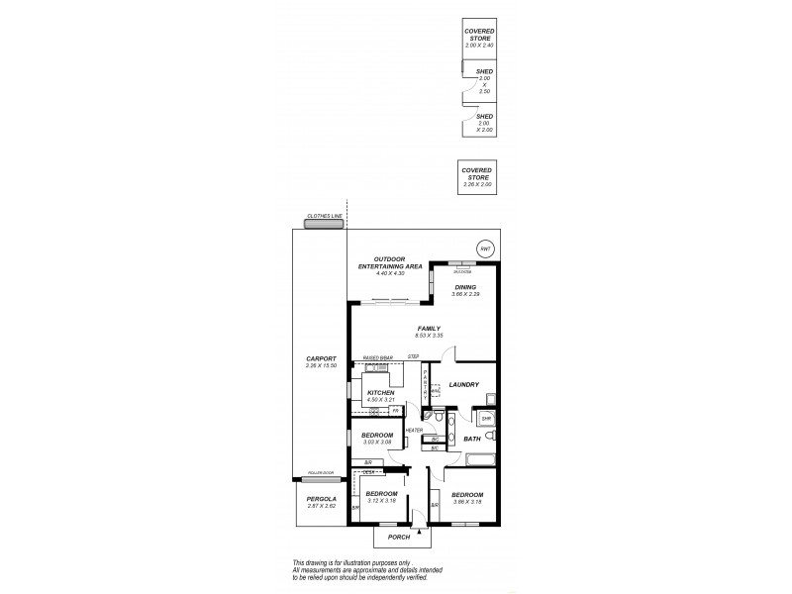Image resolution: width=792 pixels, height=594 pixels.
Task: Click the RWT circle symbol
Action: (484, 248)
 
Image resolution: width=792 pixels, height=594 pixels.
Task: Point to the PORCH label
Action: (398, 537)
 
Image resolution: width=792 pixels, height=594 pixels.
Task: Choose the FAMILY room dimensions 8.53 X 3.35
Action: (429, 336)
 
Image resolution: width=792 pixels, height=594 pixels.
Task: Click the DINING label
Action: (464, 287)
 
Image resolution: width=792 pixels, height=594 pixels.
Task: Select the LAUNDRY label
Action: (464, 385)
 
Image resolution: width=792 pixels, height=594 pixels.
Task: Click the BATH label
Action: (472, 439)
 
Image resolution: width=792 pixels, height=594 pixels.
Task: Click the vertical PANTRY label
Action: (425, 378)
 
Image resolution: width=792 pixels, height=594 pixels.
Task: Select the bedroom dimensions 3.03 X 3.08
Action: (377, 443)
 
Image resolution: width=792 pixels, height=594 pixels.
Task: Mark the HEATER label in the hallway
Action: (414, 430)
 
